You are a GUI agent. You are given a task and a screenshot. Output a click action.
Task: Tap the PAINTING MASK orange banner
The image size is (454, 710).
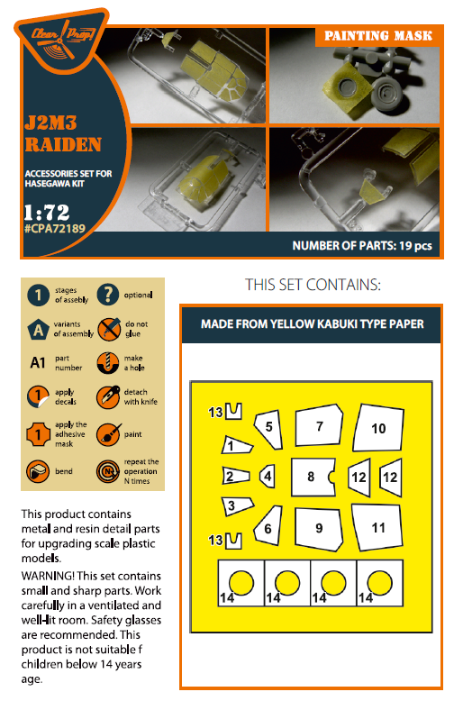coord(377,36)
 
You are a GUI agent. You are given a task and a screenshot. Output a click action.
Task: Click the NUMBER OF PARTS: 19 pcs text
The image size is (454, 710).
coord(365,245)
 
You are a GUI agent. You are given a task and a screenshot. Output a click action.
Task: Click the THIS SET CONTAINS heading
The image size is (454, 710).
coord(312,285)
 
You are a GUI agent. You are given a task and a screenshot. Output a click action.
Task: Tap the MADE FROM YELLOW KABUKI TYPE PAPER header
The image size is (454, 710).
coord(312,323)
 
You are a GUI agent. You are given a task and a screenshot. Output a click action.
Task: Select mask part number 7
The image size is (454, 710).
coord(320,428)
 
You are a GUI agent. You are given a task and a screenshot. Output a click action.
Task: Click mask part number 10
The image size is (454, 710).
coord(378,430)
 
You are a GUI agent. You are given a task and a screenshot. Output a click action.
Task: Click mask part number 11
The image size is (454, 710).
coord(378,526)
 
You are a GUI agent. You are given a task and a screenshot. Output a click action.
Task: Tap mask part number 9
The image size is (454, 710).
coord(319,527)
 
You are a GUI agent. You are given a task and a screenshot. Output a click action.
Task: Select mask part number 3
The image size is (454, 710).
coord(232,506)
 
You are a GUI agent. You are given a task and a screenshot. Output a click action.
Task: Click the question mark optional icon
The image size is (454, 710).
coord(107,295)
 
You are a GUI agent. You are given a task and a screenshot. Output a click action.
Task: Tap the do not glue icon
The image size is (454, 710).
coord(107,328)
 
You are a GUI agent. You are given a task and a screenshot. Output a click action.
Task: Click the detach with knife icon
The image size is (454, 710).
coord(107,396)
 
